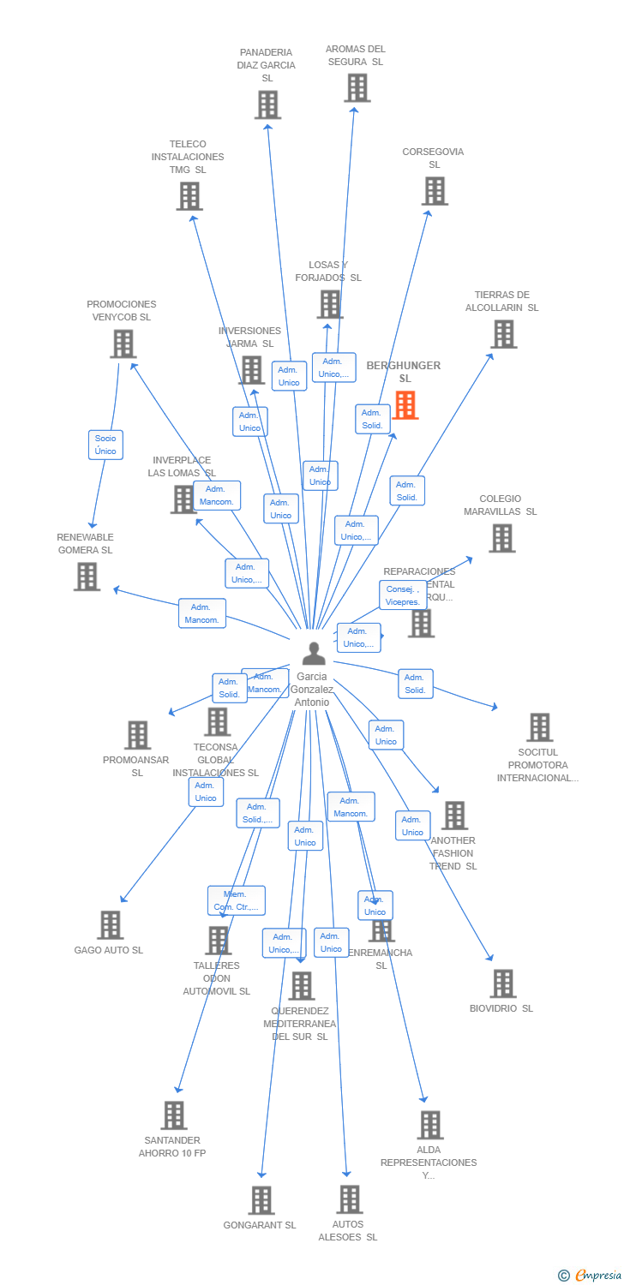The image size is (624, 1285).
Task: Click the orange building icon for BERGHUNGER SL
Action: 405,405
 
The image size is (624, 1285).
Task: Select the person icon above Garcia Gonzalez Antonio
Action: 314,654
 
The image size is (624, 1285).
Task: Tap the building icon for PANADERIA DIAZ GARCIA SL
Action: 267,105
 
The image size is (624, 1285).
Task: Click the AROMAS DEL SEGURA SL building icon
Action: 357,87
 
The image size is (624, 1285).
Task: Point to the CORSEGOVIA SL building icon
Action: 435,191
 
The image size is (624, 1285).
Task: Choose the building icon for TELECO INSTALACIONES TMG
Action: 189,196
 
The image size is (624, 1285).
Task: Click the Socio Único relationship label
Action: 105,445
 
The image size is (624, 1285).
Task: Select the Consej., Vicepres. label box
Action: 403,595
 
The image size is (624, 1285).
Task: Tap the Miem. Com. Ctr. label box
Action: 236,900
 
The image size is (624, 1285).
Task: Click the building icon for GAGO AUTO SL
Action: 110,925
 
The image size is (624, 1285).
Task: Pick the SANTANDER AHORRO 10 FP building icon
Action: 174,1115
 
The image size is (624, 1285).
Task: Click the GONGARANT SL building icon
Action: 261,1200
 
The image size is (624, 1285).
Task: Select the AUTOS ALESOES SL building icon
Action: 349,1199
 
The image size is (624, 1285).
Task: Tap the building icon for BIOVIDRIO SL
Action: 502,983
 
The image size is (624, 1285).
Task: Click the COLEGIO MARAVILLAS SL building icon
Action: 501,538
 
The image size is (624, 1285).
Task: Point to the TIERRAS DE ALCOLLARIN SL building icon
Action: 503,334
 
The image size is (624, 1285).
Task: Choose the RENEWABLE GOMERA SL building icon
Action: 87,577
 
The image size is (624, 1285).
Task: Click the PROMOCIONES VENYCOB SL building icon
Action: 123,344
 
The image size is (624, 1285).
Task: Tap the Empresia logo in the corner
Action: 591,1276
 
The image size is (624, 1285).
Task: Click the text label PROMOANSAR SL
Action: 136,766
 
